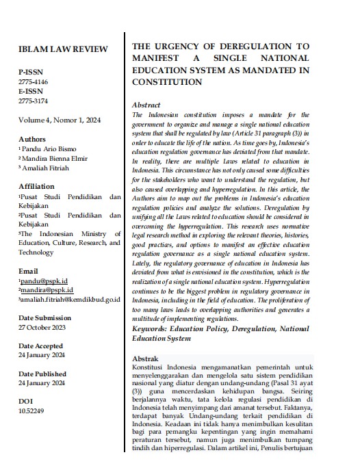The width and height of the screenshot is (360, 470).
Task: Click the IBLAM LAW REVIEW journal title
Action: [63, 49]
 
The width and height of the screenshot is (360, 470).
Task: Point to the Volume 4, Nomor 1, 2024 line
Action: [60, 120]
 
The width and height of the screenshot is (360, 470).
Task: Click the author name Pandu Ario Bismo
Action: [51, 148]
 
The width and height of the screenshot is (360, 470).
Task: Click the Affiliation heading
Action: [37, 185]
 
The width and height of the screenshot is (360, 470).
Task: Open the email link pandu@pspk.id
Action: [43, 280]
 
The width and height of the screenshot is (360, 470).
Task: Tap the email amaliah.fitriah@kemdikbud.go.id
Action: [70, 299]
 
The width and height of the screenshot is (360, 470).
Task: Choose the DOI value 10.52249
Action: [31, 411]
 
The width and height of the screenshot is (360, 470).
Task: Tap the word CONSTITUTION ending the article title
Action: [167, 81]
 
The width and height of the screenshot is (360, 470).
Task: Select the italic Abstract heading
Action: [146, 105]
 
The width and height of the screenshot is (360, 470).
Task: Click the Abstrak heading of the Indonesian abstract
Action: [144, 358]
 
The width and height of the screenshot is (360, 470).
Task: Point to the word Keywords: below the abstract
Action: [151, 328]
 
